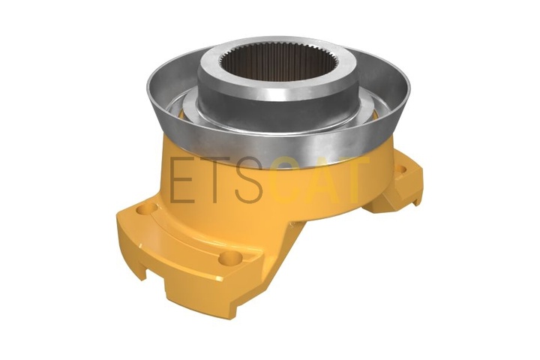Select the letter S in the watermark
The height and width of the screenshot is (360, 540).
pos(249,180)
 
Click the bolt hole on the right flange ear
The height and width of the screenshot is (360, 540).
pos(401,169)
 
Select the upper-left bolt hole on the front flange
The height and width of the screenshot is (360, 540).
pos(147,208)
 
